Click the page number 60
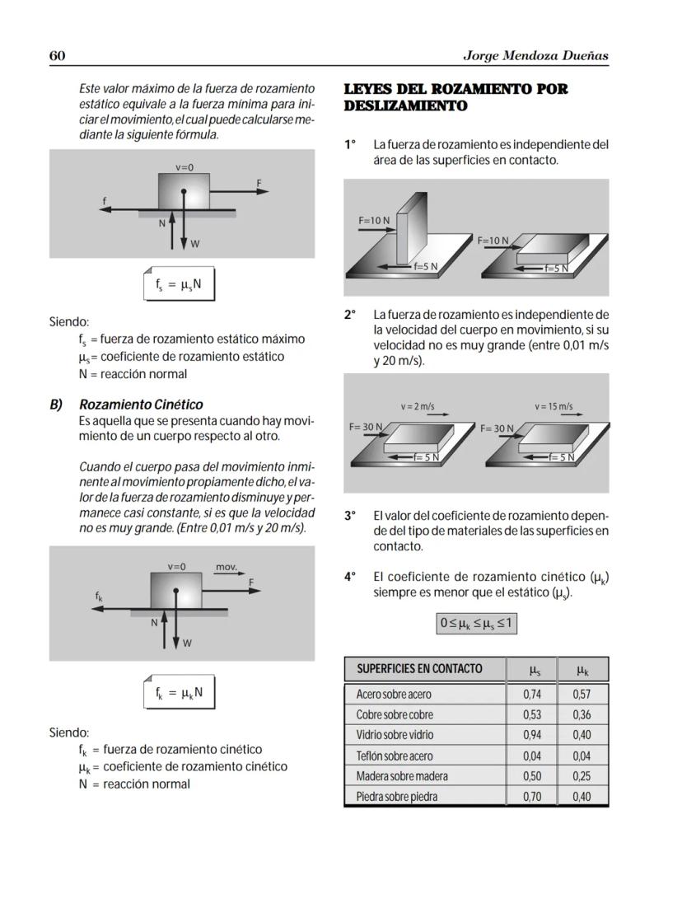tap(58, 55)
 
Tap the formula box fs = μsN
tap(179, 284)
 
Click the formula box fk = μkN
tap(179, 693)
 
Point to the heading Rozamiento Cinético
tap(141, 405)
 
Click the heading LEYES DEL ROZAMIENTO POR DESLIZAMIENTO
tap(455, 97)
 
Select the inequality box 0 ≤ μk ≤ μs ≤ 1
tap(477, 624)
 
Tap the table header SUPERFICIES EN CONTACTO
tap(419, 668)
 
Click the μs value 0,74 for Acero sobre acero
tap(532, 695)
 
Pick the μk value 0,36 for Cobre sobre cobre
tap(582, 715)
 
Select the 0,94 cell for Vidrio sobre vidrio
tap(532, 735)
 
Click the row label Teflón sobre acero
tap(394, 756)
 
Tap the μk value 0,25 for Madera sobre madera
tap(582, 776)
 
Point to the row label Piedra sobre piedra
tap(396, 797)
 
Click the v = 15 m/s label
tap(554, 407)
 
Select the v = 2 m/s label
tap(418, 407)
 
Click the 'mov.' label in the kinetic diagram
tap(226, 567)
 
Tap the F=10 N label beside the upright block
tap(374, 221)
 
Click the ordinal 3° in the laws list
tap(350, 516)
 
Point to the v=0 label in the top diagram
tap(185, 167)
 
